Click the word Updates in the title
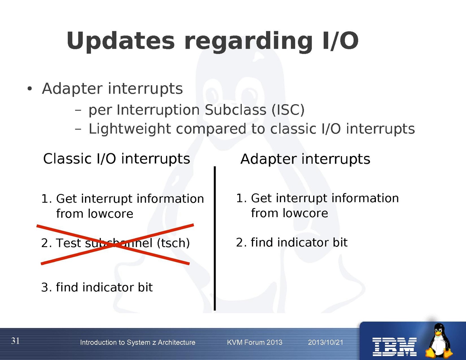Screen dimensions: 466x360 pos(120,41)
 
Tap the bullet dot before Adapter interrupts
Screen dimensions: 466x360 pos(30,89)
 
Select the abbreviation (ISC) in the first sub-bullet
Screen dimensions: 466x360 pos(288,110)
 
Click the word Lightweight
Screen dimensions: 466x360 pos(130,129)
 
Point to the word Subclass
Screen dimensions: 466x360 pos(235,110)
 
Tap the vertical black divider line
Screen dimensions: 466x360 pos(215,238)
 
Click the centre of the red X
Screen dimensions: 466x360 pos(115,245)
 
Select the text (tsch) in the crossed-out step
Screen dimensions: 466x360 pos(173,243)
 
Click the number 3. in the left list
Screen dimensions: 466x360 pos(47,288)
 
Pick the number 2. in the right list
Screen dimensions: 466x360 pos(241,243)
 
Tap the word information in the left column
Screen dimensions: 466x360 pos(170,198)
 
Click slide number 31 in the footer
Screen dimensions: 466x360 pos(15,341)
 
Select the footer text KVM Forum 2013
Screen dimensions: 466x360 pos(255,342)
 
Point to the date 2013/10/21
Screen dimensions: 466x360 pos(325,342)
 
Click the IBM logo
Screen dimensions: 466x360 pos(395,347)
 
